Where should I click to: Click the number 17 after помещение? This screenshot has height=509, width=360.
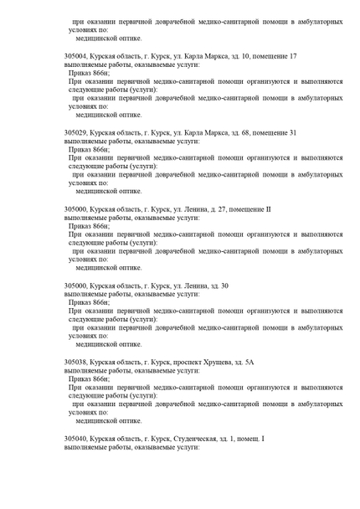click(292, 55)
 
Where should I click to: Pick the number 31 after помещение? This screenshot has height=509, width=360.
click(292, 132)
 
